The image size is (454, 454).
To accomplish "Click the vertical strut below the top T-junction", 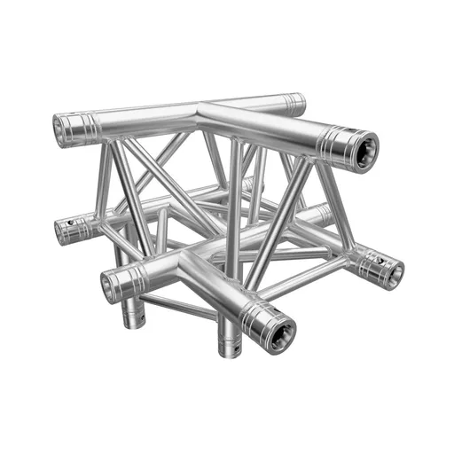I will [233, 177].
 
